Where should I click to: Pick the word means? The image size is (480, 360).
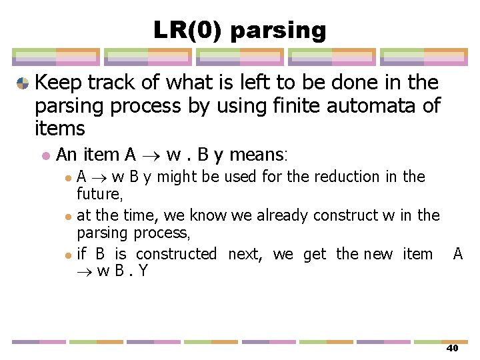(257, 155)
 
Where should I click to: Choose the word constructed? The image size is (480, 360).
(175, 254)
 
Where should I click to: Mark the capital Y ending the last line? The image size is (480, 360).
(143, 271)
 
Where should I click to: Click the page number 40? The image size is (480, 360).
(452, 349)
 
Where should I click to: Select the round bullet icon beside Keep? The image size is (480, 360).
(23, 83)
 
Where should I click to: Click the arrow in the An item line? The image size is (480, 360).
(152, 156)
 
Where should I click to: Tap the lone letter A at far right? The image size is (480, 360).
(457, 254)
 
